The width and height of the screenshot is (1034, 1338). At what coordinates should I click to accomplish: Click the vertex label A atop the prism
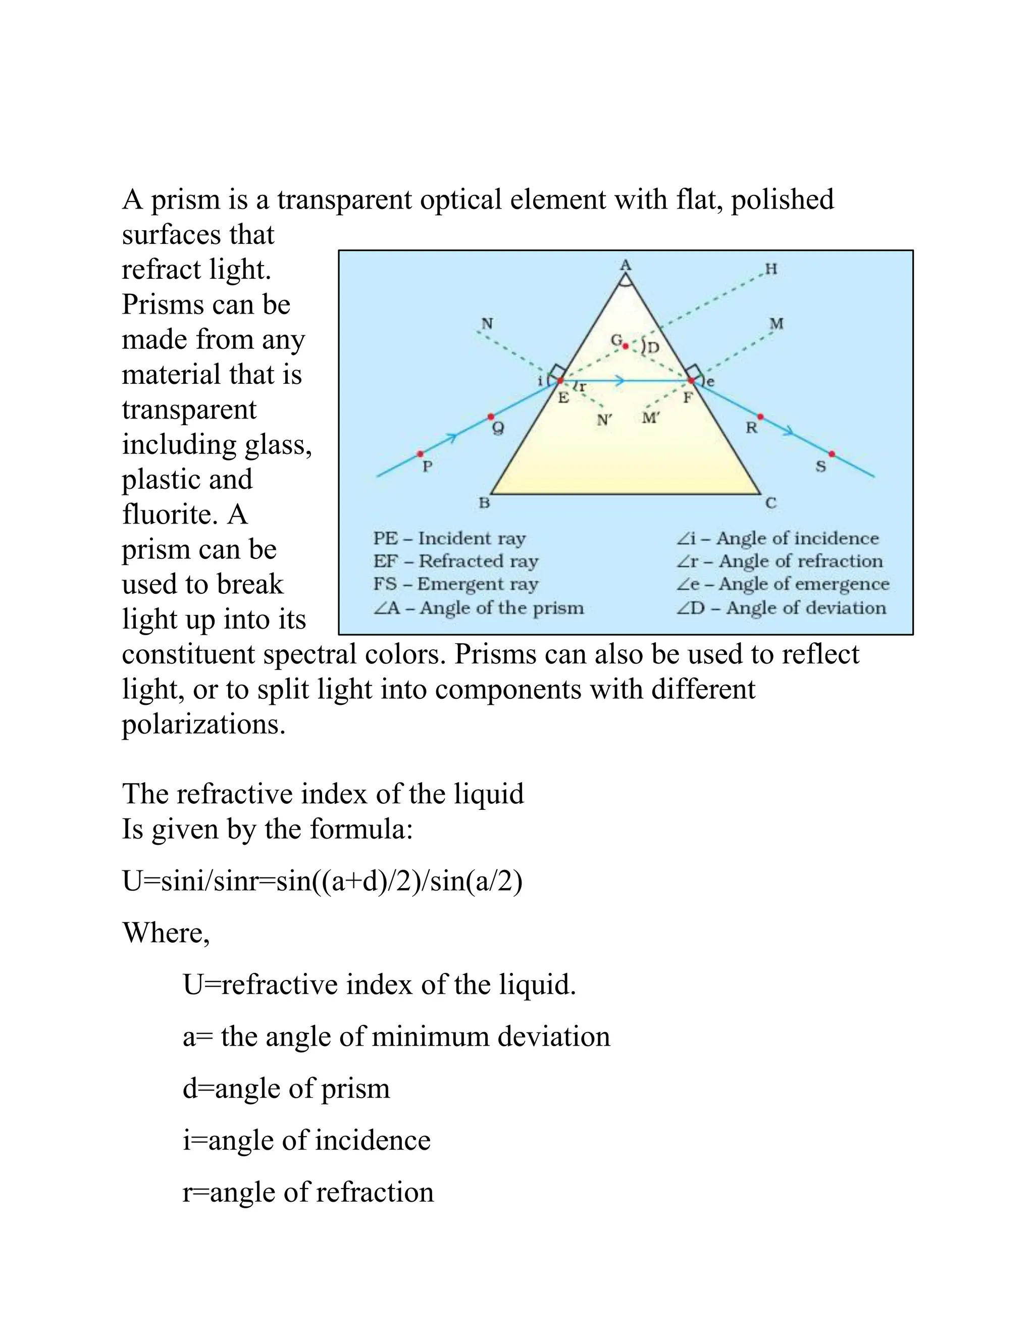(626, 265)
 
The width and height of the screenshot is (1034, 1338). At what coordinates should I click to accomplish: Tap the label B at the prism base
(484, 503)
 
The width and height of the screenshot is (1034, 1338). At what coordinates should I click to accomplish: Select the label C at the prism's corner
(770, 503)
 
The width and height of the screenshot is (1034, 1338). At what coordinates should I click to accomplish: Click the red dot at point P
(420, 454)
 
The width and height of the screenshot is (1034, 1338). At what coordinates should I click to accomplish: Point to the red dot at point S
(832, 454)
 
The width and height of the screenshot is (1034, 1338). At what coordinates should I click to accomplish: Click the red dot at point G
(626, 347)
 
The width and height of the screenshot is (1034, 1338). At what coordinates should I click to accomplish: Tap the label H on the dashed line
(771, 269)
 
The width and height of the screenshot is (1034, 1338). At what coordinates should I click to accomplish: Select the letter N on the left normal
(487, 324)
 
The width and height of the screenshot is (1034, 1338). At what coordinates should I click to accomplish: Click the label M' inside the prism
(650, 419)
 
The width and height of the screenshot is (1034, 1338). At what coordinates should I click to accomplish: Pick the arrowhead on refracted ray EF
(620, 381)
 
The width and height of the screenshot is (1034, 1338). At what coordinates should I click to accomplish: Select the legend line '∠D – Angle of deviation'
(781, 608)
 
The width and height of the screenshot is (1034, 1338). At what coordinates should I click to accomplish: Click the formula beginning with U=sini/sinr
(322, 882)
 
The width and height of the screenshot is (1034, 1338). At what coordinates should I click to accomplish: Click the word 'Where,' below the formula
(166, 933)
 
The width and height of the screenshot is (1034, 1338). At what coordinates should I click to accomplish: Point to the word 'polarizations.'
(203, 724)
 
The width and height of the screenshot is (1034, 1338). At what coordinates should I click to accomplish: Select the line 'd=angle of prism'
(286, 1089)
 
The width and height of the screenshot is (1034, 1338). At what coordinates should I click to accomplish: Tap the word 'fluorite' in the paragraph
(169, 514)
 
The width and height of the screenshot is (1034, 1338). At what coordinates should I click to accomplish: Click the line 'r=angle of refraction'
(308, 1192)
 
